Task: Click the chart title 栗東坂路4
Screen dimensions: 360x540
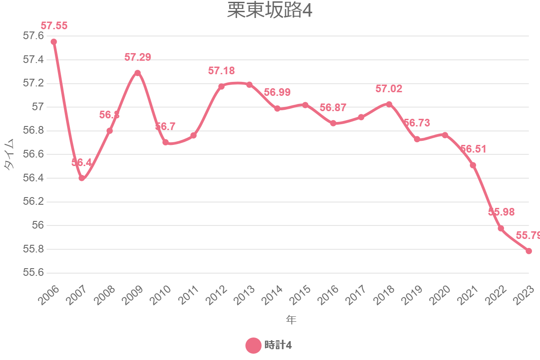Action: [269, 11]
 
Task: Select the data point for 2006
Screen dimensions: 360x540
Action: [54, 42]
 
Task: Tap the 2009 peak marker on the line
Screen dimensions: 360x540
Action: [138, 73]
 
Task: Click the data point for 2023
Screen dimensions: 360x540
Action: [529, 251]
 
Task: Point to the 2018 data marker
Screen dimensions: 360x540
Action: [389, 104]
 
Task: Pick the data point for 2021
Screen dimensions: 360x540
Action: [473, 165]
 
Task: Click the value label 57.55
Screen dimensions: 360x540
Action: [54, 26]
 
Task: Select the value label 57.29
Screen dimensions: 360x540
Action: [138, 57]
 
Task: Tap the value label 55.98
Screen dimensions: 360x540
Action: [501, 212]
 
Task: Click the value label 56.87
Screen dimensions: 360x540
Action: [333, 108]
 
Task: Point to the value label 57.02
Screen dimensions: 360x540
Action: [389, 89]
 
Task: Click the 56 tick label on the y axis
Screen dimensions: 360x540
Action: [37, 225]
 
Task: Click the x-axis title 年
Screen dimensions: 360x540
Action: [291, 320]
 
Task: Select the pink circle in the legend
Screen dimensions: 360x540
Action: [253, 346]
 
